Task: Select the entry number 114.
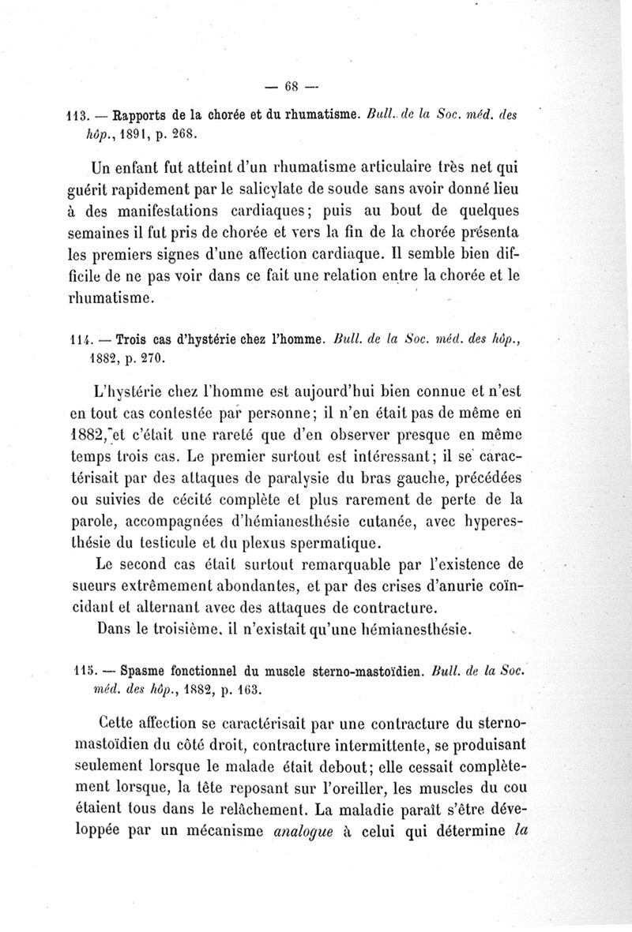[x=77, y=341]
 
